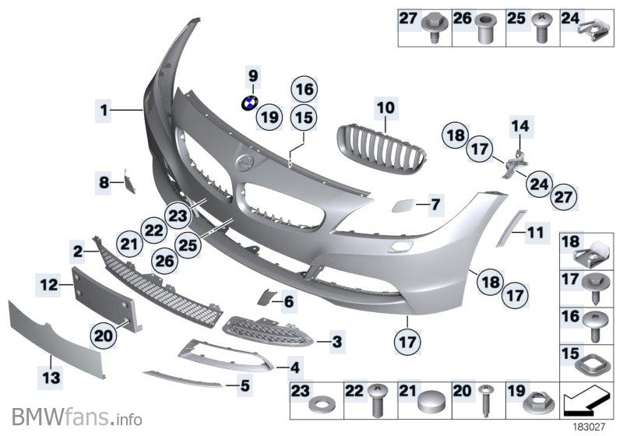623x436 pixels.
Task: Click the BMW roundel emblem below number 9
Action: pyautogui.click(x=250, y=103)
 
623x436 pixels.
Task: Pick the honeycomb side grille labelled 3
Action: pyautogui.click(x=269, y=332)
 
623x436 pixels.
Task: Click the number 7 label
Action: pyautogui.click(x=435, y=205)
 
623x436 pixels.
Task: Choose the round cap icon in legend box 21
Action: pyautogui.click(x=429, y=403)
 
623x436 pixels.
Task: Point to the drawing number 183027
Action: pyautogui.click(x=590, y=427)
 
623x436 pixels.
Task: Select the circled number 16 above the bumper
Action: pyautogui.click(x=304, y=90)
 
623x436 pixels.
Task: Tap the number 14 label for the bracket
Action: pyautogui.click(x=519, y=125)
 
